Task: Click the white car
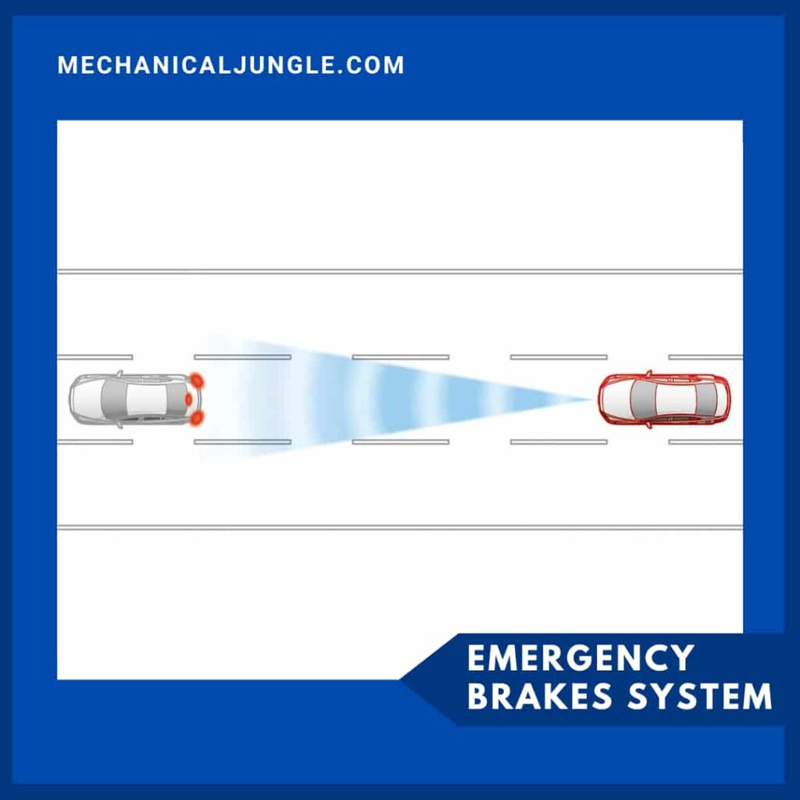point(133,399)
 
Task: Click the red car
point(663,399)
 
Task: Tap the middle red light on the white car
point(188,399)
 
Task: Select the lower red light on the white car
point(196,418)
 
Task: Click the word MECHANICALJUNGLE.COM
point(230,65)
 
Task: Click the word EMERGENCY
point(580,658)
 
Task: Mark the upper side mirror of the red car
point(648,373)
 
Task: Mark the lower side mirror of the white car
point(120,425)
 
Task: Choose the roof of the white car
point(145,399)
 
